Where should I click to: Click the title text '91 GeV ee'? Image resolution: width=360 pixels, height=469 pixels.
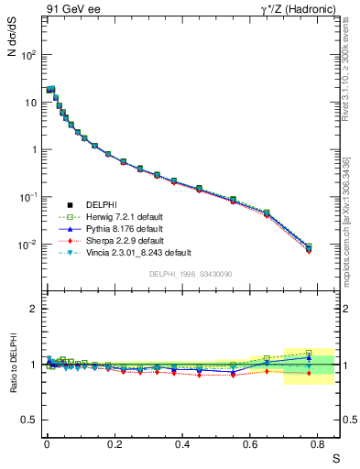tap(71, 10)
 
